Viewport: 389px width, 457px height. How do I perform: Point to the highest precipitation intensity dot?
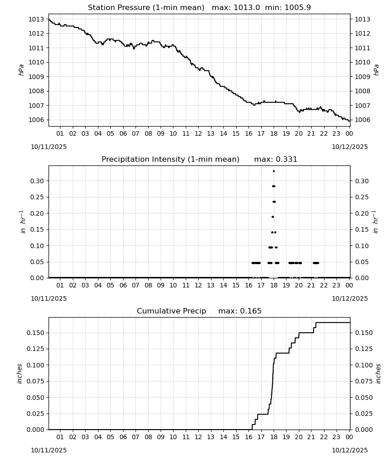[x=274, y=171]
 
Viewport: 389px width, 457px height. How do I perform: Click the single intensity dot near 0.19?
[x=273, y=217]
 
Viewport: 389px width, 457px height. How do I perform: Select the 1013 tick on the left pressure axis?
[x=36, y=19]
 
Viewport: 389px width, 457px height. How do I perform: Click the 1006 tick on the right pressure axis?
[x=362, y=120]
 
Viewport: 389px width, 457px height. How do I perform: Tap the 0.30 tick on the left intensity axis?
[x=37, y=181]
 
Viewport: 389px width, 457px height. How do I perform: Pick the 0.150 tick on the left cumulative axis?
[x=35, y=333]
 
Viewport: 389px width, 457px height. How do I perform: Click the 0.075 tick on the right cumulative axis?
[x=364, y=381]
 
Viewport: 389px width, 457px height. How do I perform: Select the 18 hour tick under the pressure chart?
[x=274, y=133]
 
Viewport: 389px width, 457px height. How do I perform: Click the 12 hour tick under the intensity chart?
[x=198, y=285]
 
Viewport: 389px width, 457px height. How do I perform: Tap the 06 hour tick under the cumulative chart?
[x=123, y=437]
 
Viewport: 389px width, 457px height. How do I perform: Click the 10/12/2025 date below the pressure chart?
[x=350, y=147]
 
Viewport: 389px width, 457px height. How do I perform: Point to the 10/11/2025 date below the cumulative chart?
[x=49, y=450]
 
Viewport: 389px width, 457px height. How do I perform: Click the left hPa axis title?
[x=21, y=70]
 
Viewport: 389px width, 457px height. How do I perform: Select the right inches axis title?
[x=378, y=374]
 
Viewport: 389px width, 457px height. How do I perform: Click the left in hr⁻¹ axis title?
[x=22, y=222]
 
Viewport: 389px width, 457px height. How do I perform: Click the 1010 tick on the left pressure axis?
[x=36, y=62]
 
